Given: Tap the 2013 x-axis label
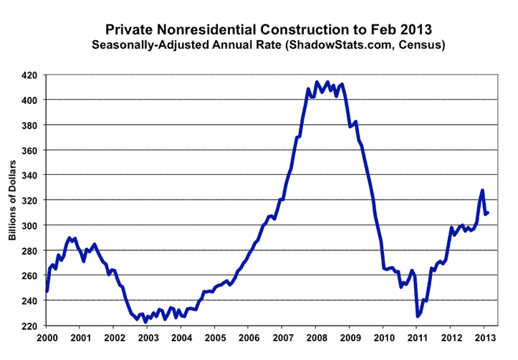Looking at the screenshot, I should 483,337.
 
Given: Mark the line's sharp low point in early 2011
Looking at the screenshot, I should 418,316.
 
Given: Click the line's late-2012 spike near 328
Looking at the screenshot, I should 482,190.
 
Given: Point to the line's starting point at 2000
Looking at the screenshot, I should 47,291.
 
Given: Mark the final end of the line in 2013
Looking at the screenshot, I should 488,212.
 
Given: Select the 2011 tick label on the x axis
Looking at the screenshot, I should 416,337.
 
